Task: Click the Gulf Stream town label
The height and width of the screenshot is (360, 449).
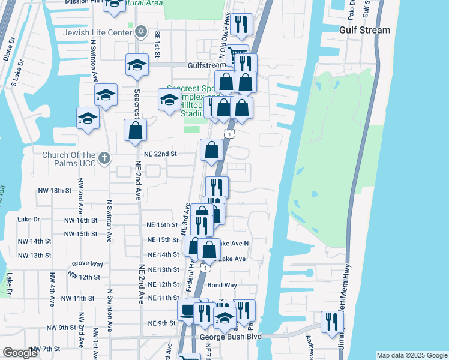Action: click(364, 30)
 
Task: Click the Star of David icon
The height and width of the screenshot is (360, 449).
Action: click(141, 31)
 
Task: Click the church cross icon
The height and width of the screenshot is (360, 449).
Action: click(104, 158)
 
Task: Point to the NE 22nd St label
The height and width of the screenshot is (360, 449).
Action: click(161, 154)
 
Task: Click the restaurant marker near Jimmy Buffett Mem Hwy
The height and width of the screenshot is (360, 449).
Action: click(330, 322)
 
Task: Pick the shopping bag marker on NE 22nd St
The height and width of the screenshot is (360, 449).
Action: click(211, 150)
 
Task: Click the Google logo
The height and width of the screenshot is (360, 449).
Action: click(20, 353)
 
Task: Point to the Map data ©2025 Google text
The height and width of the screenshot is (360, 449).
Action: click(412, 355)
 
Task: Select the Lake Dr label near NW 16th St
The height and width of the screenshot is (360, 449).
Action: click(28, 219)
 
